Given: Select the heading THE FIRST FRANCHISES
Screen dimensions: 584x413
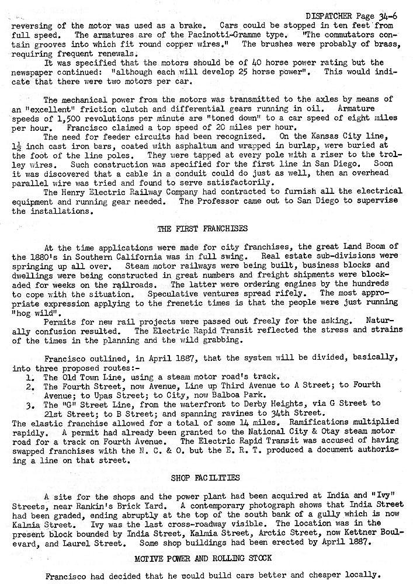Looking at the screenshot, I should [203, 228].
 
